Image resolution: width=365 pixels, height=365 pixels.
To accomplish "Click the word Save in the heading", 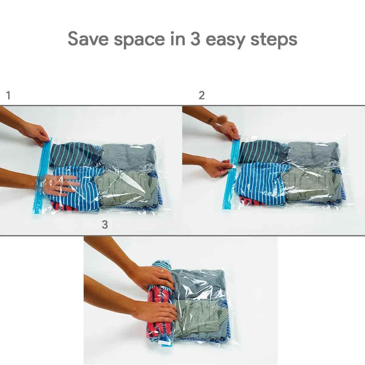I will pos(88,39).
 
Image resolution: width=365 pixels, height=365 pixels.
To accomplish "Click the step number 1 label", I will pos(9,96).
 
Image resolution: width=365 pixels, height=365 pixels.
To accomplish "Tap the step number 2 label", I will pos(202,96).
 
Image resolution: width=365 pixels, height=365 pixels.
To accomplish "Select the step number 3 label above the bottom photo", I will pos(105,225).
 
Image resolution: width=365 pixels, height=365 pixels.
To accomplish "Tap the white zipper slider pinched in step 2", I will pos(231,165).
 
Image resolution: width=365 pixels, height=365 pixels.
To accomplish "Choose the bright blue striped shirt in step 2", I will pos(259,179).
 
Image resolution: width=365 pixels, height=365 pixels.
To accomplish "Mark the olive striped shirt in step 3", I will pos(201,316).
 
